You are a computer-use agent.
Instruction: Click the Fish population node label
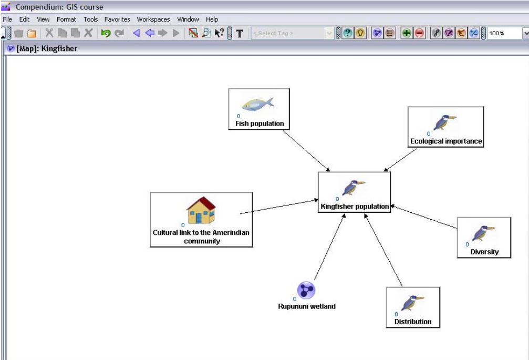(x=259, y=124)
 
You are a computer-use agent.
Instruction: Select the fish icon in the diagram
(x=258, y=104)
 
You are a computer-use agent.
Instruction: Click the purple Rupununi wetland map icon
(x=306, y=290)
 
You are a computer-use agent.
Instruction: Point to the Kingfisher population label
(x=355, y=207)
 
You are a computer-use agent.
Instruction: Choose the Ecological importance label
(x=446, y=141)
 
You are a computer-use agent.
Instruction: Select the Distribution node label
(x=413, y=322)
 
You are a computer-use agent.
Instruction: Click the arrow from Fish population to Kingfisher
(x=306, y=150)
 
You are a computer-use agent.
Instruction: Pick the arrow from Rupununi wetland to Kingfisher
(x=329, y=247)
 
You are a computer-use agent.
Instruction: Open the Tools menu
(x=90, y=19)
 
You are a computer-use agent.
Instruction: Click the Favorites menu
(x=117, y=19)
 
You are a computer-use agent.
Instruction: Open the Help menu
(x=212, y=19)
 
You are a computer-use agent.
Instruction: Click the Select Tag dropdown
(x=292, y=33)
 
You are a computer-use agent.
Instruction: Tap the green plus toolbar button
(x=406, y=33)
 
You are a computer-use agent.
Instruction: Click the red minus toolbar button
(x=419, y=33)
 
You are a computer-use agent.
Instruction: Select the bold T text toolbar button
(x=240, y=33)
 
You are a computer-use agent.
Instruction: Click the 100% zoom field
(x=504, y=33)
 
